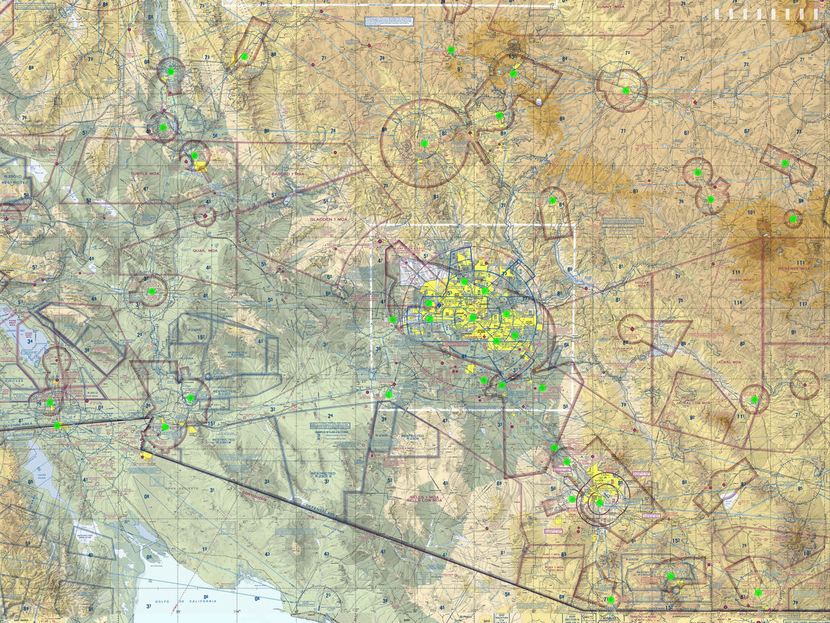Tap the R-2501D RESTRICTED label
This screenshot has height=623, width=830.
[15, 182]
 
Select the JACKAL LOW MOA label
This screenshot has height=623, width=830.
[693, 401]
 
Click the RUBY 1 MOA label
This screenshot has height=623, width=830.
[553, 554]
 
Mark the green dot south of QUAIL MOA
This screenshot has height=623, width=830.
[151, 291]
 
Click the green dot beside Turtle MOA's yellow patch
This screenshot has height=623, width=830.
[195, 156]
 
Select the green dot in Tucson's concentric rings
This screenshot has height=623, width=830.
[600, 503]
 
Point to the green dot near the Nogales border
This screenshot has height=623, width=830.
[610, 599]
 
